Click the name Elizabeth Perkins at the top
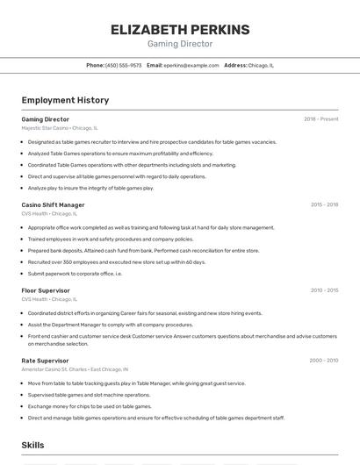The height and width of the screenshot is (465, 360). coord(180,29)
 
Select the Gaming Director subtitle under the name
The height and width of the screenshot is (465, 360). coord(180,44)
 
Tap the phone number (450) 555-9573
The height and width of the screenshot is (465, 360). coord(123,65)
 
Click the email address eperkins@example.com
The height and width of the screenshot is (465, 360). coord(191,65)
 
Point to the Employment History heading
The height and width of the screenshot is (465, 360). coord(65,100)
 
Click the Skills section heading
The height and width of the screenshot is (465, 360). coord(32,446)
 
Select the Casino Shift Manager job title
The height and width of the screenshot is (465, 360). coord(53,204)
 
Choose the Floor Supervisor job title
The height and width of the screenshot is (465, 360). coord(46,290)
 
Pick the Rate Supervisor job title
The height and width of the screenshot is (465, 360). coord(45,360)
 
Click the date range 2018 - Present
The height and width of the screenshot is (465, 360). coord(321,119)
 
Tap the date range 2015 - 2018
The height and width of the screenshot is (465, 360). coord(324,204)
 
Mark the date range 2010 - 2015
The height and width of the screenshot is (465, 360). coord(324,290)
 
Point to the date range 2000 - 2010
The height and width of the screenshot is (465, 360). coord(324,360)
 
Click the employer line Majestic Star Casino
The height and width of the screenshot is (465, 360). coord(60,128)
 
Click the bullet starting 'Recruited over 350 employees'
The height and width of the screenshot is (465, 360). coord(117,261)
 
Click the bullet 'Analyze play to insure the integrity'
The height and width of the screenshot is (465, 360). coord(90,188)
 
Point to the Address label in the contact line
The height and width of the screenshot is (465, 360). coord(235,65)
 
